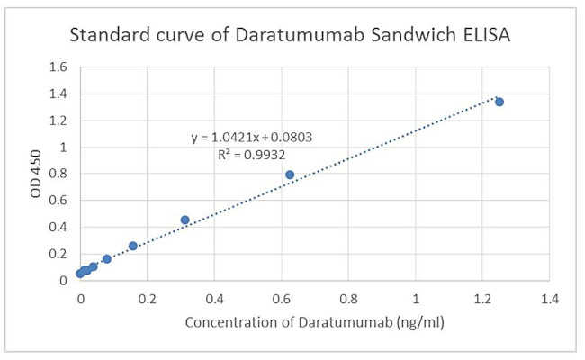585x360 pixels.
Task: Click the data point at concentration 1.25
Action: [x=499, y=102]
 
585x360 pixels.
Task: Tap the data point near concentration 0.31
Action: [x=185, y=220]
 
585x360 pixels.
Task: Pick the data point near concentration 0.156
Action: [x=133, y=246]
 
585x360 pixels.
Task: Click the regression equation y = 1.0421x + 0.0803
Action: [x=251, y=138]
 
